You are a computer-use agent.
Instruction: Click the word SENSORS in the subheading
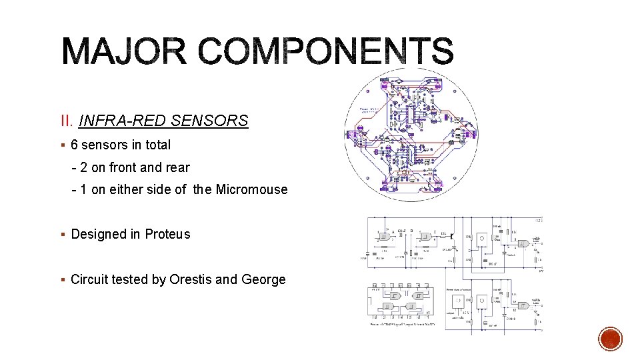point(209,121)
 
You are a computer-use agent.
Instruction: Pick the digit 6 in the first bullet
point(75,145)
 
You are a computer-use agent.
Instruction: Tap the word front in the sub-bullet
point(123,167)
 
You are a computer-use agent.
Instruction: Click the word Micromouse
point(251,189)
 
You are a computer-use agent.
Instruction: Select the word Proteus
point(167,234)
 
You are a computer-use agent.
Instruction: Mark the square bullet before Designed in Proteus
point(62,235)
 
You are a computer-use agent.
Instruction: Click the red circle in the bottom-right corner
point(610,339)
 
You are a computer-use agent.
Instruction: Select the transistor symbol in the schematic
point(453,236)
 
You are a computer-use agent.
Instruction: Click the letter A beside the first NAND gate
point(393,231)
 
